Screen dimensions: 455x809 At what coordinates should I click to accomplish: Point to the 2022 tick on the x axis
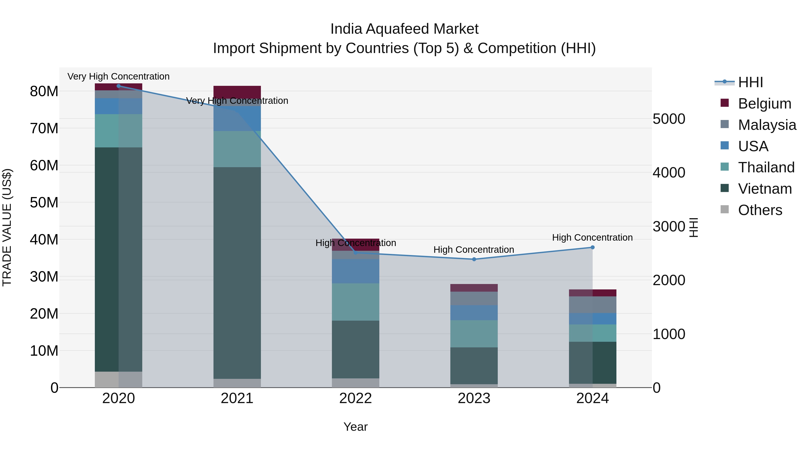[356, 398]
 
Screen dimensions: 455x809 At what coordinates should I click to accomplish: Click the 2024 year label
[592, 398]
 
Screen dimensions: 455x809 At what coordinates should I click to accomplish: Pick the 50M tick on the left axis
[44, 202]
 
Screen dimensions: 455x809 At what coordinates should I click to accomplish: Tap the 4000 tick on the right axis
[669, 173]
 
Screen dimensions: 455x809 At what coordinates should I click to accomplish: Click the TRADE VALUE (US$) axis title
[7, 227]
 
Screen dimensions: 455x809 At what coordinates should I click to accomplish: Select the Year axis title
[356, 427]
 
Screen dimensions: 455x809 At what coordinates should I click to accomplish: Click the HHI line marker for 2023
[474, 259]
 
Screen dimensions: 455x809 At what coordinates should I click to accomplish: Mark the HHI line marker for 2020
[118, 86]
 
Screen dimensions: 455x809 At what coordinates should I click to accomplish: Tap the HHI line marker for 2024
[592, 247]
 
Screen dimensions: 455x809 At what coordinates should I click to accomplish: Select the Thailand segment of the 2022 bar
[356, 302]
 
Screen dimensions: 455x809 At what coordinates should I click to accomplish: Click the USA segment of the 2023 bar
[474, 313]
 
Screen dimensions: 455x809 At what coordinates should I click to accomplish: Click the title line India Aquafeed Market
[404, 29]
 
